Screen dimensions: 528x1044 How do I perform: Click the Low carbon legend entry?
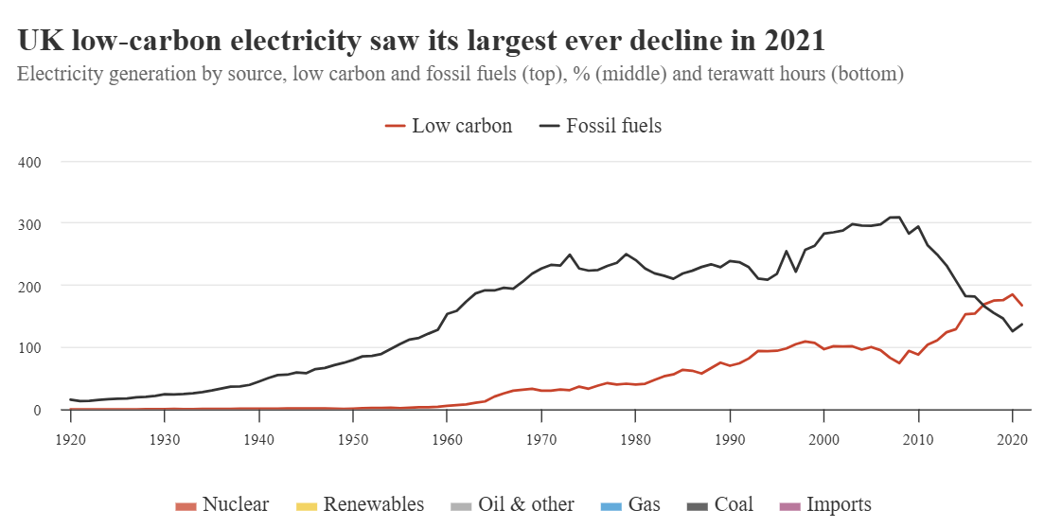point(450,126)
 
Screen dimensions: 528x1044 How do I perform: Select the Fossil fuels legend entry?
point(601,126)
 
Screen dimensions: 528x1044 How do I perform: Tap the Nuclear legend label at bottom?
point(222,504)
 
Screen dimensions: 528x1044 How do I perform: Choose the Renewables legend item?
point(362,504)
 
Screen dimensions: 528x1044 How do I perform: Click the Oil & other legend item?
point(512,504)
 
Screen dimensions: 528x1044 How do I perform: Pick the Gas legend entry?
point(631,504)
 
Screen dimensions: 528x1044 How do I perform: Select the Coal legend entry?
point(720,504)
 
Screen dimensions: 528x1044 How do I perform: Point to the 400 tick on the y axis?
point(31,162)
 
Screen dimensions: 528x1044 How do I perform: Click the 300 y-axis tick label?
point(31,223)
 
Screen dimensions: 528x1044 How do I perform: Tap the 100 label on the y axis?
point(31,348)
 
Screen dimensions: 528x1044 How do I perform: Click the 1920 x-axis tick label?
point(70,440)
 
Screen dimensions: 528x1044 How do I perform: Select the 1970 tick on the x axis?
point(540,440)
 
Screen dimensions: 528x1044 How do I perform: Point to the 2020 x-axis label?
point(1012,440)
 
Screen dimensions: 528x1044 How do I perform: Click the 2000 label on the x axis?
point(823,440)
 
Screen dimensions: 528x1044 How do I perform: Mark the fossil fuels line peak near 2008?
point(894,218)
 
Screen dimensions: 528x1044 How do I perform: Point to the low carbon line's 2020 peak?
point(1012,294)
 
